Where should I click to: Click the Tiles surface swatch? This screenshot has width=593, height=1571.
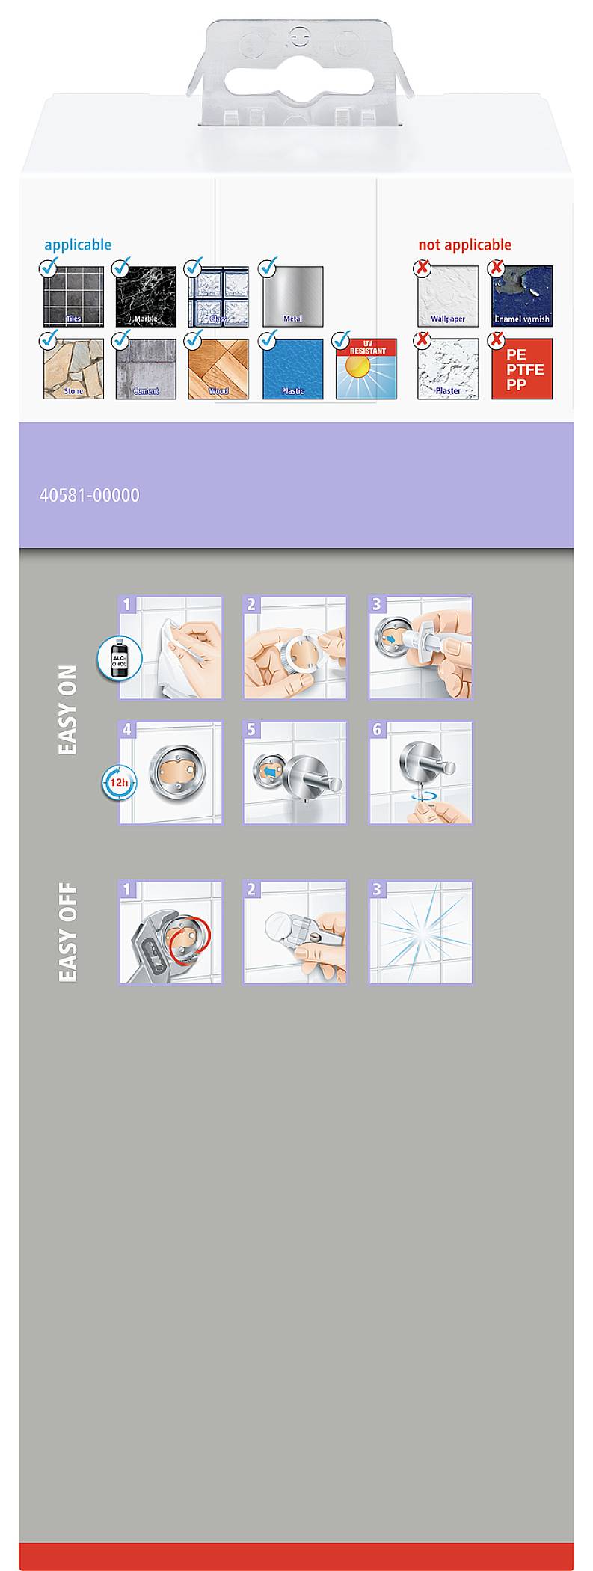(73, 296)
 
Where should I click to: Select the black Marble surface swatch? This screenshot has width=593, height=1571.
(146, 296)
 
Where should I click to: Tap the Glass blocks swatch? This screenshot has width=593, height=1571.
(218, 296)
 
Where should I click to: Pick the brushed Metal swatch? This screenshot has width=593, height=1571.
(292, 296)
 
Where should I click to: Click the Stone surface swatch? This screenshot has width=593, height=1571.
(73, 369)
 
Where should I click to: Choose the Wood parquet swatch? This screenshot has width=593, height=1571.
(218, 369)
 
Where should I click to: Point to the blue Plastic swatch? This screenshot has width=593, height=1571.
(292, 369)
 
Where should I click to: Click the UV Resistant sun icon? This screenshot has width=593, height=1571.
(366, 369)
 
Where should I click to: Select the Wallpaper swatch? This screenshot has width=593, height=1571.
(448, 296)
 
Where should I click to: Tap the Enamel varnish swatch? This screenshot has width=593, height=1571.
(522, 296)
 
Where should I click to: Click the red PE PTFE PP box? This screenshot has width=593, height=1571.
(522, 369)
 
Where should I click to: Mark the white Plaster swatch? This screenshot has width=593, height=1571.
(448, 369)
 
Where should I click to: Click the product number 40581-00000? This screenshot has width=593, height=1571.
(89, 495)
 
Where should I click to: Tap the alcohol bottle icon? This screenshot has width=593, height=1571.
(119, 658)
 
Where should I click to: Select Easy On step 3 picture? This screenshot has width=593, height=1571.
(420, 648)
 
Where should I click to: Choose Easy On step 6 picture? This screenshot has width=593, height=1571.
(420, 772)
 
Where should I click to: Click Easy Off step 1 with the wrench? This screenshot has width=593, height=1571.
(170, 932)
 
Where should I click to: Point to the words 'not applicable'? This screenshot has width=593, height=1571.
(464, 245)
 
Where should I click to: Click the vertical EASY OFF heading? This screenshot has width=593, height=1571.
(67, 932)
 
